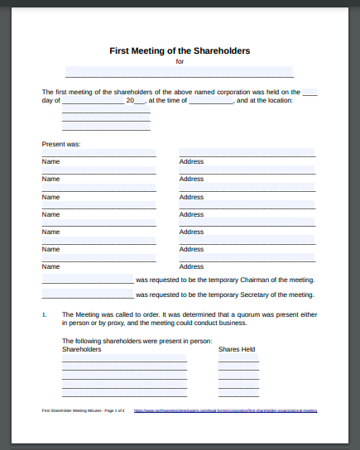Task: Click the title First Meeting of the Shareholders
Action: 180,50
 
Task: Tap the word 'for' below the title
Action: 180,61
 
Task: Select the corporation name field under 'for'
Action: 179,72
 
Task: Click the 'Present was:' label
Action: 61,144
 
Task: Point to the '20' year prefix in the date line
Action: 131,100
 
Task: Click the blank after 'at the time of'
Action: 211,100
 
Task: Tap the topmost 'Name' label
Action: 51,161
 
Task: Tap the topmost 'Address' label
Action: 191,161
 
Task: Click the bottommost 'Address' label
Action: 191,266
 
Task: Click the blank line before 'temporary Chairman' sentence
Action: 88,280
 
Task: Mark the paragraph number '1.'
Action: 45,314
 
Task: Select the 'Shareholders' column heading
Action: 82,349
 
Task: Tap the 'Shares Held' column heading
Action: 237,349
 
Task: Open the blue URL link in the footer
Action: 224,410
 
